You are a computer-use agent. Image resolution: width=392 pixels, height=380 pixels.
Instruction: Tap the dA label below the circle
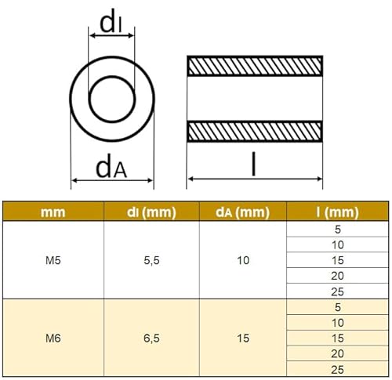[111, 166]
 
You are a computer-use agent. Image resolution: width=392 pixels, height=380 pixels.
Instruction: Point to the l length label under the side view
[253, 164]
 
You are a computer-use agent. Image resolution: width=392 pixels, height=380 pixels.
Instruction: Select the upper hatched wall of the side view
[254, 66]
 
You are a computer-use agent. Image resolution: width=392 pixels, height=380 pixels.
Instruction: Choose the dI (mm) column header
[152, 212]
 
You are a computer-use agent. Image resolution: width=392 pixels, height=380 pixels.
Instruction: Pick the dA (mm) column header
[244, 212]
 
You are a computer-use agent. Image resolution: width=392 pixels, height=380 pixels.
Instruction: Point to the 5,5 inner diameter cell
[152, 260]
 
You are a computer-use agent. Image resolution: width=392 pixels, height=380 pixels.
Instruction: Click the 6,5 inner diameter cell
[152, 338]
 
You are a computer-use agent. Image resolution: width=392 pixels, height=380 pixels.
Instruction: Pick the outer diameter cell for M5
[244, 260]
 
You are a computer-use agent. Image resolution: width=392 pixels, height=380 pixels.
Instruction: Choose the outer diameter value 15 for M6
[244, 338]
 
